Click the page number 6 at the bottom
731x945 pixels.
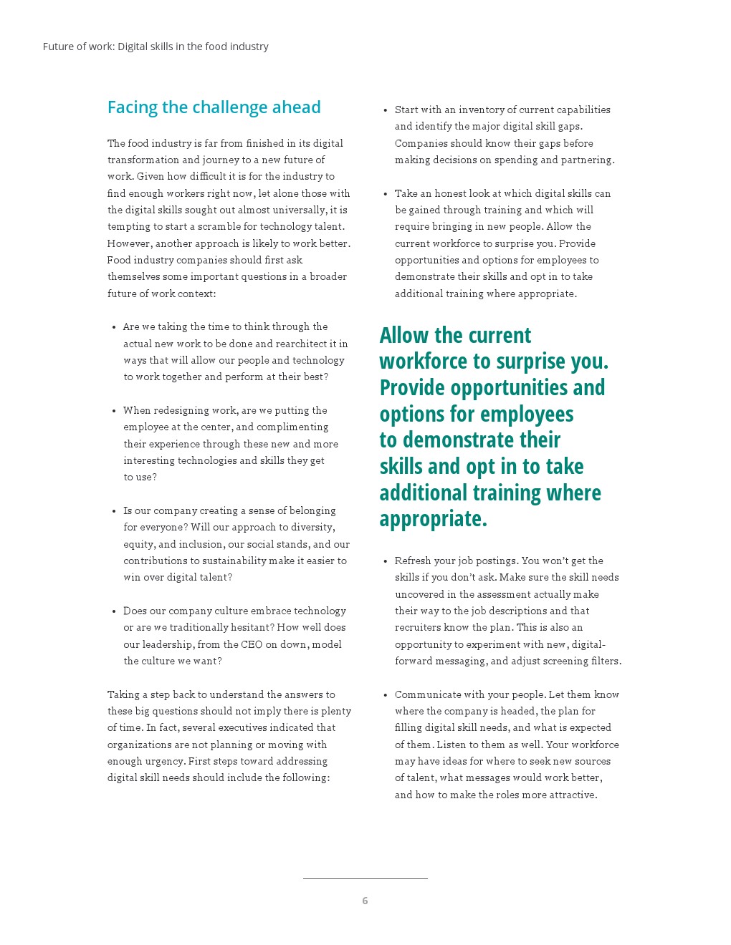tap(365, 901)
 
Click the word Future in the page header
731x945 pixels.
tap(58, 47)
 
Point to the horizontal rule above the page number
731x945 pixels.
tap(365, 878)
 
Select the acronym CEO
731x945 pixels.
tap(252, 644)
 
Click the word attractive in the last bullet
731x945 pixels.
tap(572, 795)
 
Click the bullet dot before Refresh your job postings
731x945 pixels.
tap(386, 561)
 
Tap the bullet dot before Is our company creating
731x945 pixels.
tap(114, 511)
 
